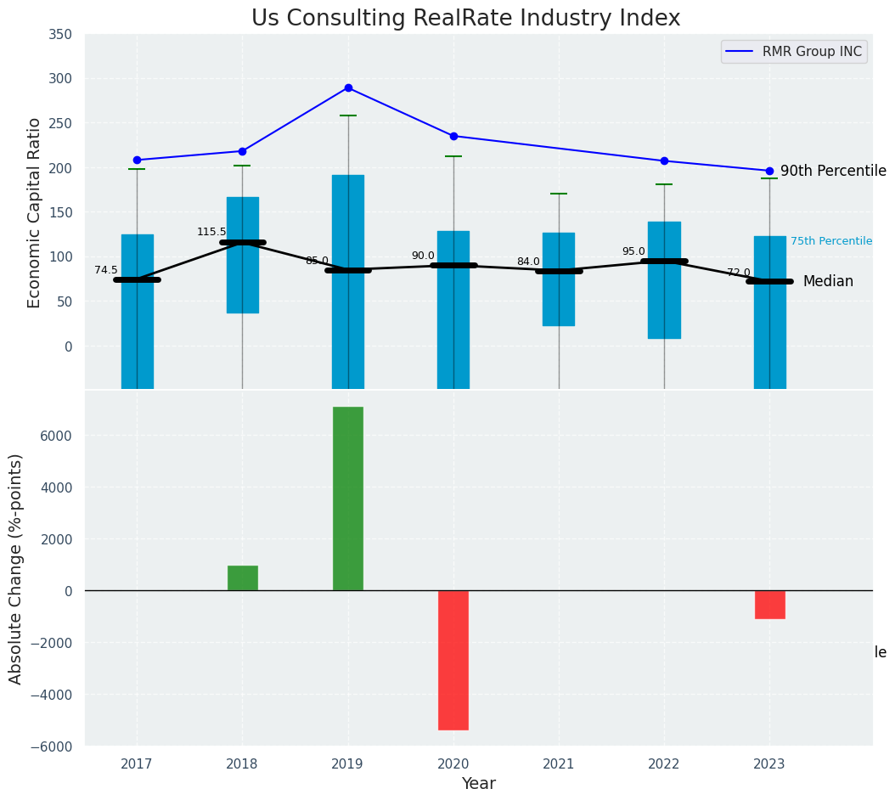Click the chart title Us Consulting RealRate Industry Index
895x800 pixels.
[x=465, y=18]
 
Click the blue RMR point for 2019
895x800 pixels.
[x=348, y=87]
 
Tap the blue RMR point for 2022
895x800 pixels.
[x=664, y=161]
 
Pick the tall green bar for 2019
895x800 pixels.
[x=348, y=499]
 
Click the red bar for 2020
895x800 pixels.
[x=453, y=660]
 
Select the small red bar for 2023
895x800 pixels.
[x=769, y=605]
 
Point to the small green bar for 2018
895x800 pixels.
[x=243, y=578]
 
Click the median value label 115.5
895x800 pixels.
[x=211, y=232]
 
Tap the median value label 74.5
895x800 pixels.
[x=106, y=270]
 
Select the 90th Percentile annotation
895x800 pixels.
[x=832, y=171]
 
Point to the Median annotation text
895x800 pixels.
[x=827, y=281]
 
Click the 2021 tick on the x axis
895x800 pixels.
[x=559, y=764]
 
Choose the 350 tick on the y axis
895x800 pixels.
[x=60, y=34]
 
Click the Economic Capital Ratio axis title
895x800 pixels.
[x=34, y=212]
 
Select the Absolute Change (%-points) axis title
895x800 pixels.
[x=15, y=568]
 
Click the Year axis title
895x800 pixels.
[x=478, y=784]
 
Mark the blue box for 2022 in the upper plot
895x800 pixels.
[x=664, y=280]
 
